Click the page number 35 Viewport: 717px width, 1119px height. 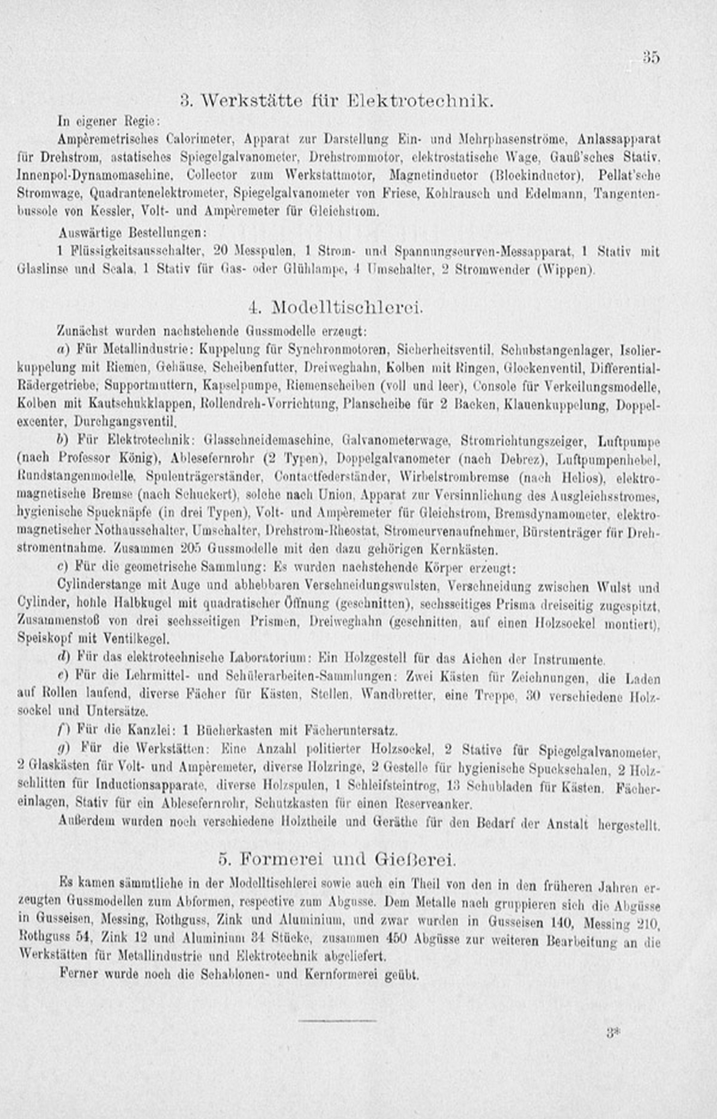point(651,58)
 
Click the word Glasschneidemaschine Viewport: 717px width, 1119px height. point(268,440)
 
